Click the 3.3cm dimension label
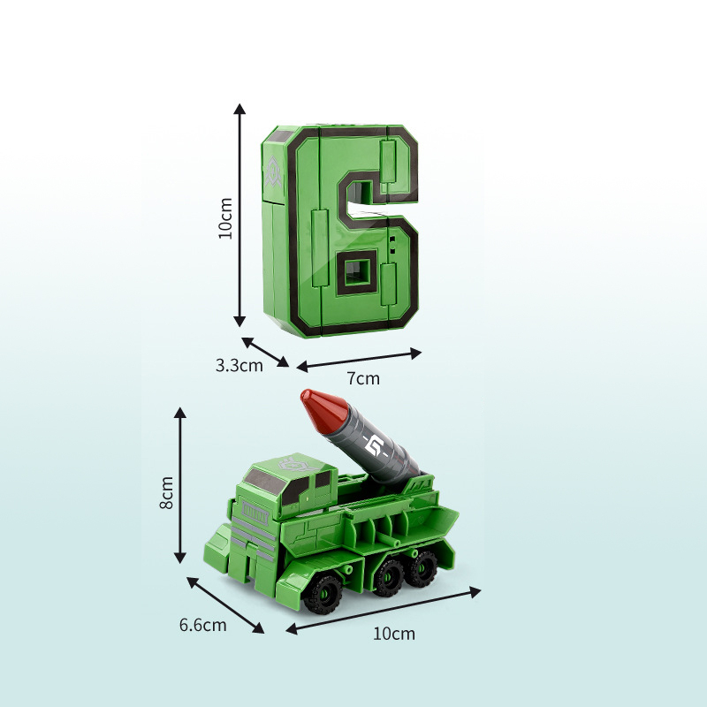click(x=239, y=365)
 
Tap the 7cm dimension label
click(x=363, y=378)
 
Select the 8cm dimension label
click(x=167, y=492)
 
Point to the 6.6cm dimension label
click(x=203, y=625)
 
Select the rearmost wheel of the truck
click(x=423, y=566)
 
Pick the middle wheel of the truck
click(x=388, y=579)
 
